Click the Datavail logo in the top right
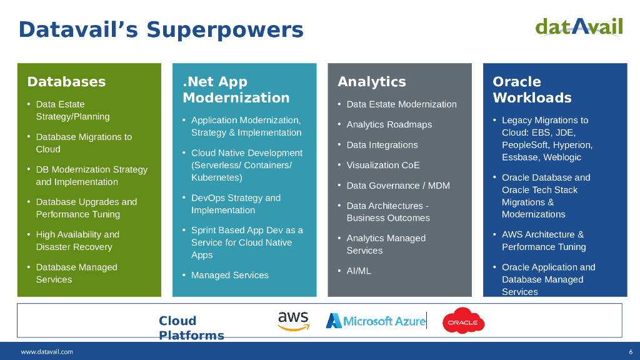tap(579, 26)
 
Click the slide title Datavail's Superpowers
tap(161, 29)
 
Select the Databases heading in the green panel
tap(66, 82)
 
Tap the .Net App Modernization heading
tap(236, 90)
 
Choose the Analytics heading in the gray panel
tap(371, 82)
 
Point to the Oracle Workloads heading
tap(532, 90)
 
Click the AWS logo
tap(293, 321)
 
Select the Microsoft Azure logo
tap(376, 321)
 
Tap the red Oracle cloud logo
tap(463, 321)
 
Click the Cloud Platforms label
tap(191, 328)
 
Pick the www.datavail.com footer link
tap(47, 352)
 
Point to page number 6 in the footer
tap(631, 352)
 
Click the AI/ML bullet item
tap(359, 271)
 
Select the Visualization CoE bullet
tap(383, 166)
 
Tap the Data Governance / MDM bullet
tap(398, 186)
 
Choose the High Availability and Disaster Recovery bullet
tap(77, 241)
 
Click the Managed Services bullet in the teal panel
tap(229, 276)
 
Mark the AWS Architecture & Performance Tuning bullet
tap(544, 241)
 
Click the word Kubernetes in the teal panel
tap(215, 177)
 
